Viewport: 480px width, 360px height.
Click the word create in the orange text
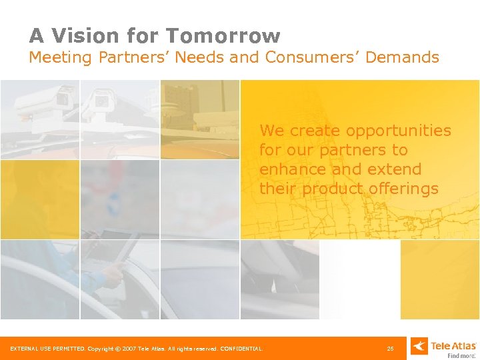pyautogui.click(x=313, y=131)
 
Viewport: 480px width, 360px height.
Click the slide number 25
pyautogui.click(x=390, y=348)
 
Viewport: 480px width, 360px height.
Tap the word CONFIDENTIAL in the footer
pyautogui.click(x=242, y=348)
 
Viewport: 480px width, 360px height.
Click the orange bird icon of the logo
pyautogui.click(x=419, y=346)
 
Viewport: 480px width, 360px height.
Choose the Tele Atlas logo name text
pyautogui.click(x=453, y=345)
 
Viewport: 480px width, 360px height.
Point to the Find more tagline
pyautogui.click(x=461, y=356)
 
